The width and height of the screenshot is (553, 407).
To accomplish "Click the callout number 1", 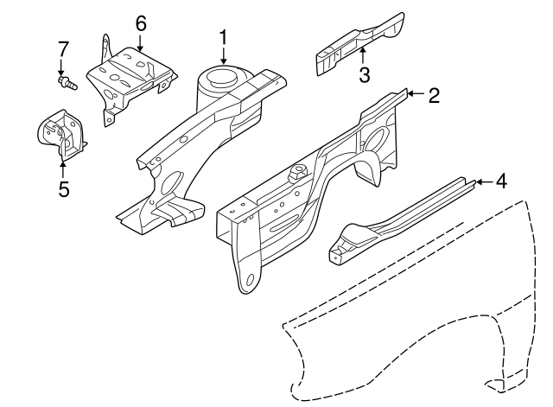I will pos(224,38).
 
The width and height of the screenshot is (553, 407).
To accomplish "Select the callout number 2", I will pos(434,95).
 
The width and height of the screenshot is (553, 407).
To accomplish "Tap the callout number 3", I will pos(364,75).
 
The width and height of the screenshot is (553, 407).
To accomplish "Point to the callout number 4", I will pos(502,182).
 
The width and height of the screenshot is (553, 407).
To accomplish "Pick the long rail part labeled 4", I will pos(397,216).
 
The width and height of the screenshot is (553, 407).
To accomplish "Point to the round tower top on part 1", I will pos(224,77).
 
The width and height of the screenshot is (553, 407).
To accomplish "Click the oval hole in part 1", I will pos(171,183).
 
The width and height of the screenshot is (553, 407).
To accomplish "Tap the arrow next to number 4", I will pos(482,181).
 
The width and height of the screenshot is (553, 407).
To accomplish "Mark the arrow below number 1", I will pos(224,55).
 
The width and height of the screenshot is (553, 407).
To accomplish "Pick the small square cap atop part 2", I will pos(300,169).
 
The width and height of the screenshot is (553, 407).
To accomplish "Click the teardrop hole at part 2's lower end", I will pos(249,281).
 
